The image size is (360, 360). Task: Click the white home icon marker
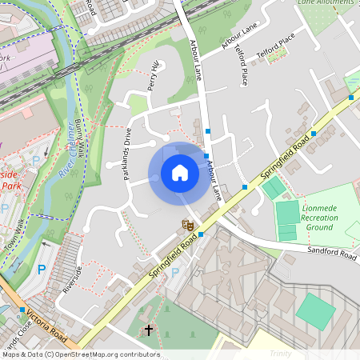(179, 173)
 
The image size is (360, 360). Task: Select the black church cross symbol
(148, 330)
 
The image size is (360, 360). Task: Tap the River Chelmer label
(64, 152)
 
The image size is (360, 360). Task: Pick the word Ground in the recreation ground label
(320, 227)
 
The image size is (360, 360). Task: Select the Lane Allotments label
(325, 3)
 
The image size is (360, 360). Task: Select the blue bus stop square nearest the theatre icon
(200, 234)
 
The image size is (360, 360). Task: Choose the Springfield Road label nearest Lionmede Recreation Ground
(286, 156)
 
